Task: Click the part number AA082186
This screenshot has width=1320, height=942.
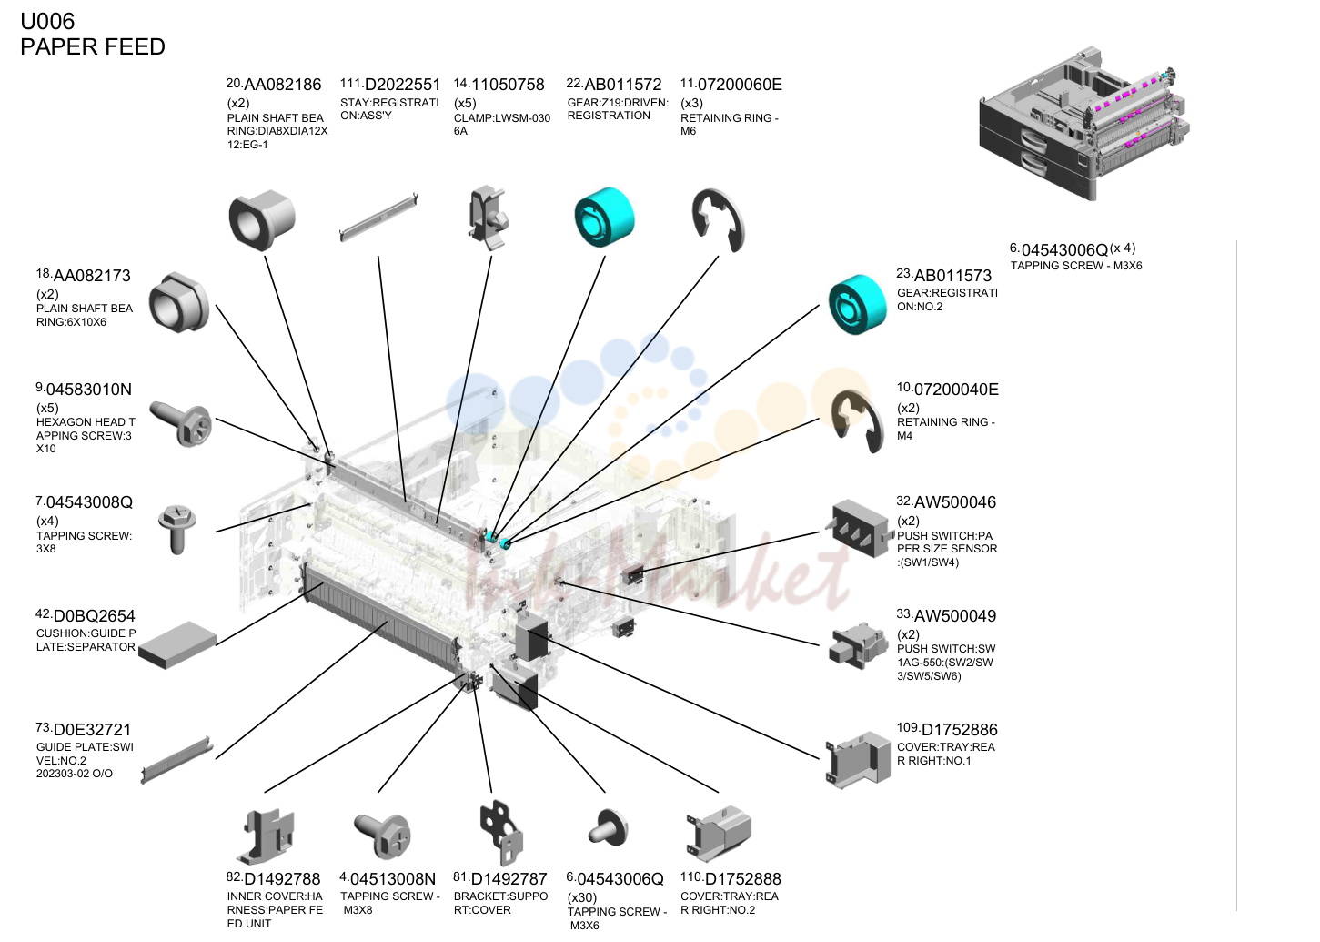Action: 283,85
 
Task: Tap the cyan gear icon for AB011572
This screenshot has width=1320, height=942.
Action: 604,217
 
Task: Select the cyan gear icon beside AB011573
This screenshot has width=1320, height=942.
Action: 857,304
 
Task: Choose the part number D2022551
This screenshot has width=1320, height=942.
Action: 402,85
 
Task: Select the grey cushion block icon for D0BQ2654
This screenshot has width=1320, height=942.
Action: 177,645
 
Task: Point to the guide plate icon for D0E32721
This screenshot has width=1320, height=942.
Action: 176,760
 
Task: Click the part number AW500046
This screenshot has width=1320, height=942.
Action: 954,502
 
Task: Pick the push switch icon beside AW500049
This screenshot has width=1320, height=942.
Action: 858,647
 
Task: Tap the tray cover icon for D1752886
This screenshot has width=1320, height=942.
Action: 858,759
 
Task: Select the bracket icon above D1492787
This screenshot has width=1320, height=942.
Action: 501,833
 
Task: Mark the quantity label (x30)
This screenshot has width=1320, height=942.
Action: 582,897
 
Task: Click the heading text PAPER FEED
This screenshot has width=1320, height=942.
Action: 93,47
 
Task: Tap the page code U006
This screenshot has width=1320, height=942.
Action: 47,22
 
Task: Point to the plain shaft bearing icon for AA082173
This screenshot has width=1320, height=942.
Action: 179,302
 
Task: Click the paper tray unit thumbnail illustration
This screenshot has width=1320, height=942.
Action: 1084,124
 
